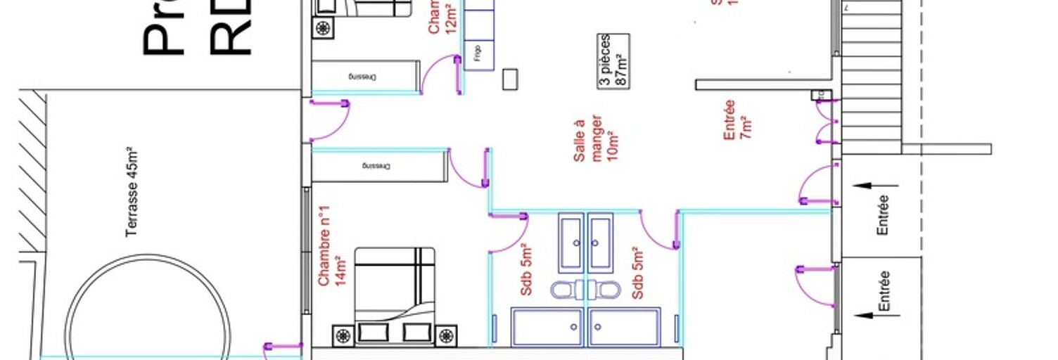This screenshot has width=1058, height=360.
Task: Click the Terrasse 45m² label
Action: click(x=132, y=192)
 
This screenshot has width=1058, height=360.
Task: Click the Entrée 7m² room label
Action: click(x=738, y=120)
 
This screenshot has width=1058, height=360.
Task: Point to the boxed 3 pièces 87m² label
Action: click(x=613, y=61)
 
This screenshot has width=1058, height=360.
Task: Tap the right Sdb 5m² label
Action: click(x=638, y=273)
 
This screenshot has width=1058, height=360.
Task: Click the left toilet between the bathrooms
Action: click(x=564, y=290)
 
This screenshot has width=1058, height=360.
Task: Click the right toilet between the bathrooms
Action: click(x=605, y=290)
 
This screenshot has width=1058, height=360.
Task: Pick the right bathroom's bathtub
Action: click(x=624, y=327)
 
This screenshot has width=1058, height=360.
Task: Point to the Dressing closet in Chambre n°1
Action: click(x=378, y=167)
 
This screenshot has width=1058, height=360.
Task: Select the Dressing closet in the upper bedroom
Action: click(x=365, y=76)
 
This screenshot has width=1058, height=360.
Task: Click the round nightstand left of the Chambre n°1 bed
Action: click(x=343, y=335)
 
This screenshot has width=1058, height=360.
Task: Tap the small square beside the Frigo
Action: click(x=510, y=79)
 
